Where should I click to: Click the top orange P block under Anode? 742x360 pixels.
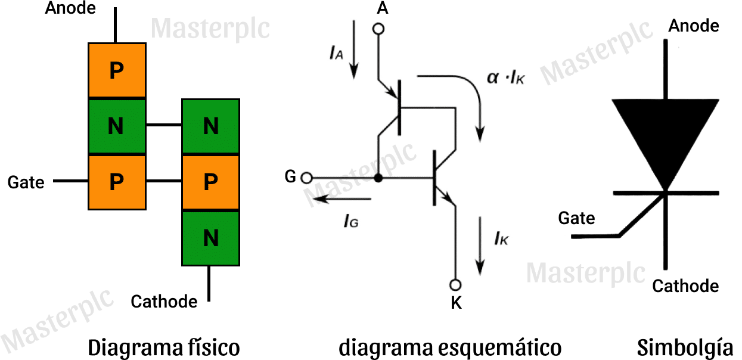pyautogui.click(x=117, y=70)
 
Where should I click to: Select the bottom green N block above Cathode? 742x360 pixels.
pyautogui.click(x=210, y=238)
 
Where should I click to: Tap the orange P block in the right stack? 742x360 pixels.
pyautogui.click(x=210, y=182)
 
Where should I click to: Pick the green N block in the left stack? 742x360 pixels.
pyautogui.click(x=117, y=126)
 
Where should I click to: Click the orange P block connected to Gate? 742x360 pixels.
pyautogui.click(x=117, y=182)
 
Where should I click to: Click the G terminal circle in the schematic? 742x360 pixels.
pyautogui.click(x=306, y=177)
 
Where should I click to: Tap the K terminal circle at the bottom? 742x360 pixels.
pyautogui.click(x=456, y=284)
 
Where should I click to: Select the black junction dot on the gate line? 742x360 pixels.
pyautogui.click(x=377, y=178)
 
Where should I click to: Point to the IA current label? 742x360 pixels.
pyautogui.click(x=336, y=54)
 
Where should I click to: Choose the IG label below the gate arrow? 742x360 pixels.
pyautogui.click(x=351, y=221)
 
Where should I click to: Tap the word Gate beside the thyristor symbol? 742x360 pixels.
pyautogui.click(x=576, y=218)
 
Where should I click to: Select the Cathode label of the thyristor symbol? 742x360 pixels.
pyautogui.click(x=685, y=286)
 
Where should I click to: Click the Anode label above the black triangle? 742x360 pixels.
pyautogui.click(x=694, y=26)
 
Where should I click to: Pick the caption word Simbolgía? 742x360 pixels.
pyautogui.click(x=685, y=346)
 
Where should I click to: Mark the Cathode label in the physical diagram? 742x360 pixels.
pyautogui.click(x=164, y=301)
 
